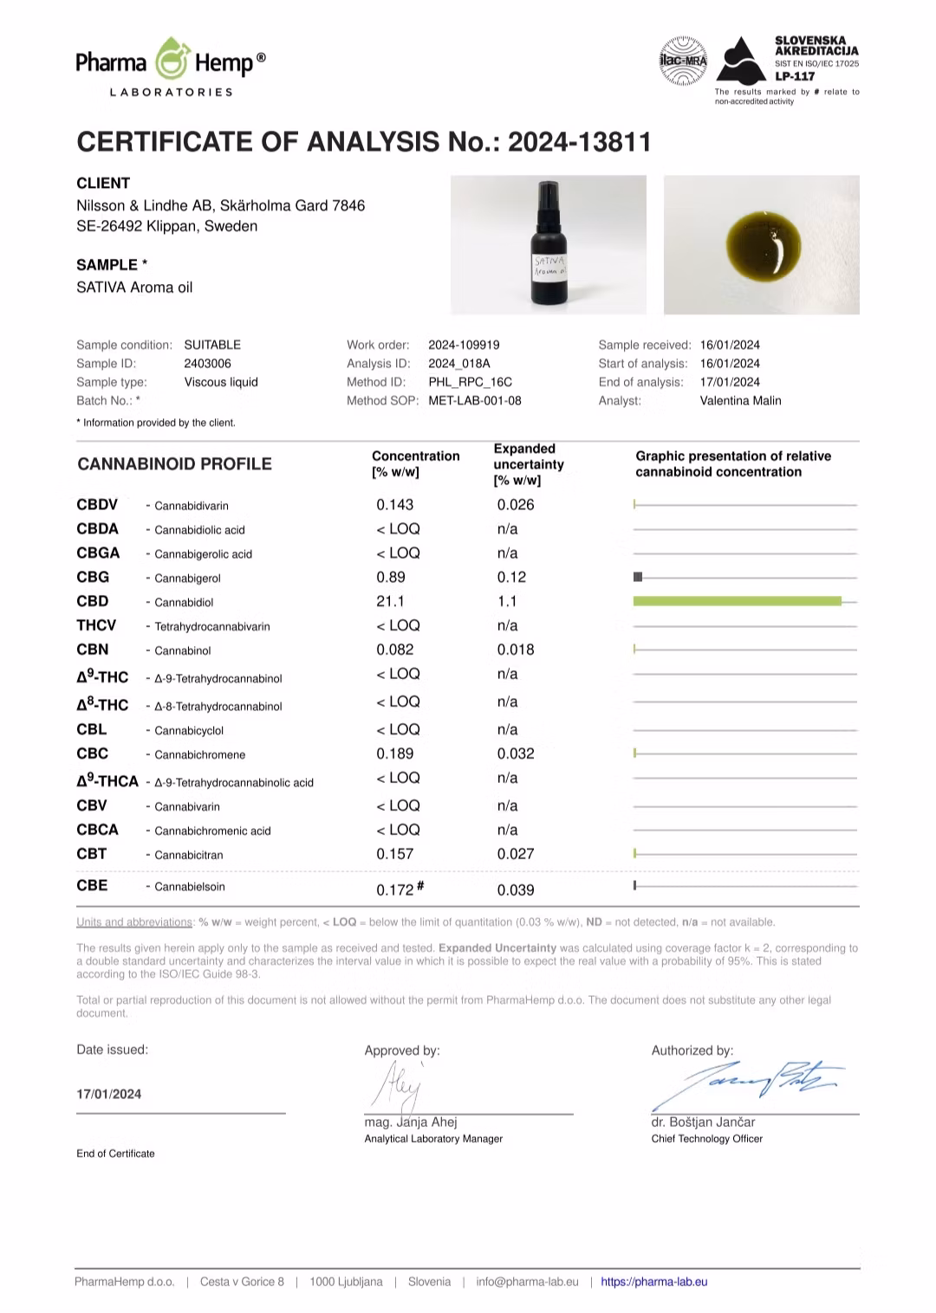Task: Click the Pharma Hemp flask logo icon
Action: pos(172,60)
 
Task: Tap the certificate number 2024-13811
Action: pos(579,142)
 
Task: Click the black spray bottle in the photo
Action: pos(548,245)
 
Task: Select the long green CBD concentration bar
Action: pos(737,601)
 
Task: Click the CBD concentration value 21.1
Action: pos(390,601)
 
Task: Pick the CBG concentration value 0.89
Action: pos(391,577)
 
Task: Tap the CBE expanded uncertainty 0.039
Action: pos(516,889)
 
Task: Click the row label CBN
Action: pos(93,650)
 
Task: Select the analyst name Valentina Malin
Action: pos(740,401)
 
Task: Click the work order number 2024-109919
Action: pos(464,345)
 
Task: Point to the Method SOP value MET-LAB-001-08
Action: pos(475,401)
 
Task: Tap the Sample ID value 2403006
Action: pos(208,364)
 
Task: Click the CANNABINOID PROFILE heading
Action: pos(174,464)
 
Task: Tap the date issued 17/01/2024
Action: pos(109,1094)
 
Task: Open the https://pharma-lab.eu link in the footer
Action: pos(654,1282)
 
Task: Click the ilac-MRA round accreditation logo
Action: pos(683,61)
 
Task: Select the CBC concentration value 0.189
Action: pos(395,754)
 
